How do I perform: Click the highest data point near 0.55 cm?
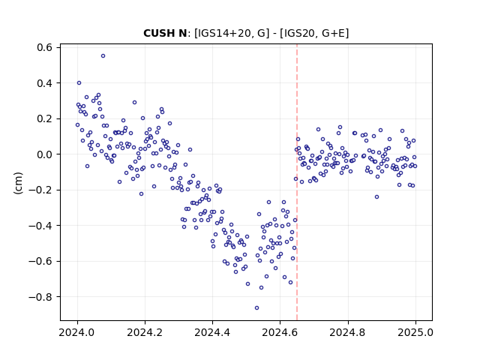click(103, 56)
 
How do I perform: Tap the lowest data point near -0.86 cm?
click(256, 308)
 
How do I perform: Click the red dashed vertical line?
click(297, 182)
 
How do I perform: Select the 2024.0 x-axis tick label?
click(77, 332)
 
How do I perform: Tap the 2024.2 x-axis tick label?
click(145, 332)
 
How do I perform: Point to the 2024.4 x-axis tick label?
click(212, 332)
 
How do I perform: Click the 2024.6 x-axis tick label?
click(280, 332)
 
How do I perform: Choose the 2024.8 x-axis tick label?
click(348, 332)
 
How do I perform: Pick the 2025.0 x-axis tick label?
click(415, 332)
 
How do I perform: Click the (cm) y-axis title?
click(18, 183)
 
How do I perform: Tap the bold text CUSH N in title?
click(165, 33)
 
